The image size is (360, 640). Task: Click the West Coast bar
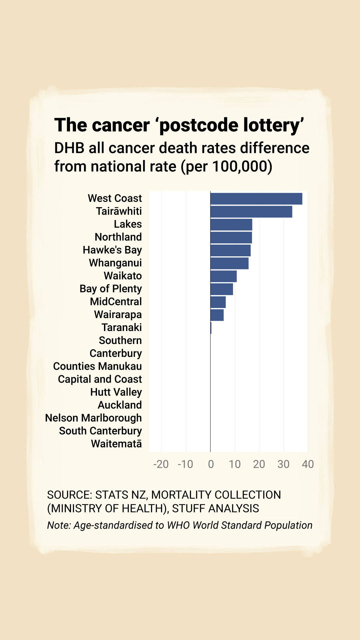(x=256, y=199)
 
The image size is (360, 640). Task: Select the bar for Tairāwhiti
(x=251, y=212)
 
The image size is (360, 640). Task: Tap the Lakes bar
(x=231, y=225)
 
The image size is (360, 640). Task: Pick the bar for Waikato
(x=224, y=276)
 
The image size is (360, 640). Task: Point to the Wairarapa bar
(x=217, y=315)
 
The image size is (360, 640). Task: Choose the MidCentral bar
(x=218, y=302)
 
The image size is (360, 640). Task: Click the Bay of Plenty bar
(x=222, y=289)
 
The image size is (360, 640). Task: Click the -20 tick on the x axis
(x=161, y=464)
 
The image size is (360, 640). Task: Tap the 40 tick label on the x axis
(x=308, y=464)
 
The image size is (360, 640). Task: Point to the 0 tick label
(x=211, y=464)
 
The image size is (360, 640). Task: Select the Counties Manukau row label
(x=97, y=366)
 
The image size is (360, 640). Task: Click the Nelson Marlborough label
(x=93, y=418)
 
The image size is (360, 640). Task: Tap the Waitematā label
(x=116, y=444)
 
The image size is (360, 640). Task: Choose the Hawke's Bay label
(x=112, y=250)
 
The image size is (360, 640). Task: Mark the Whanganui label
(x=115, y=263)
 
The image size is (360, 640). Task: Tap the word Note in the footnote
(x=58, y=525)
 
